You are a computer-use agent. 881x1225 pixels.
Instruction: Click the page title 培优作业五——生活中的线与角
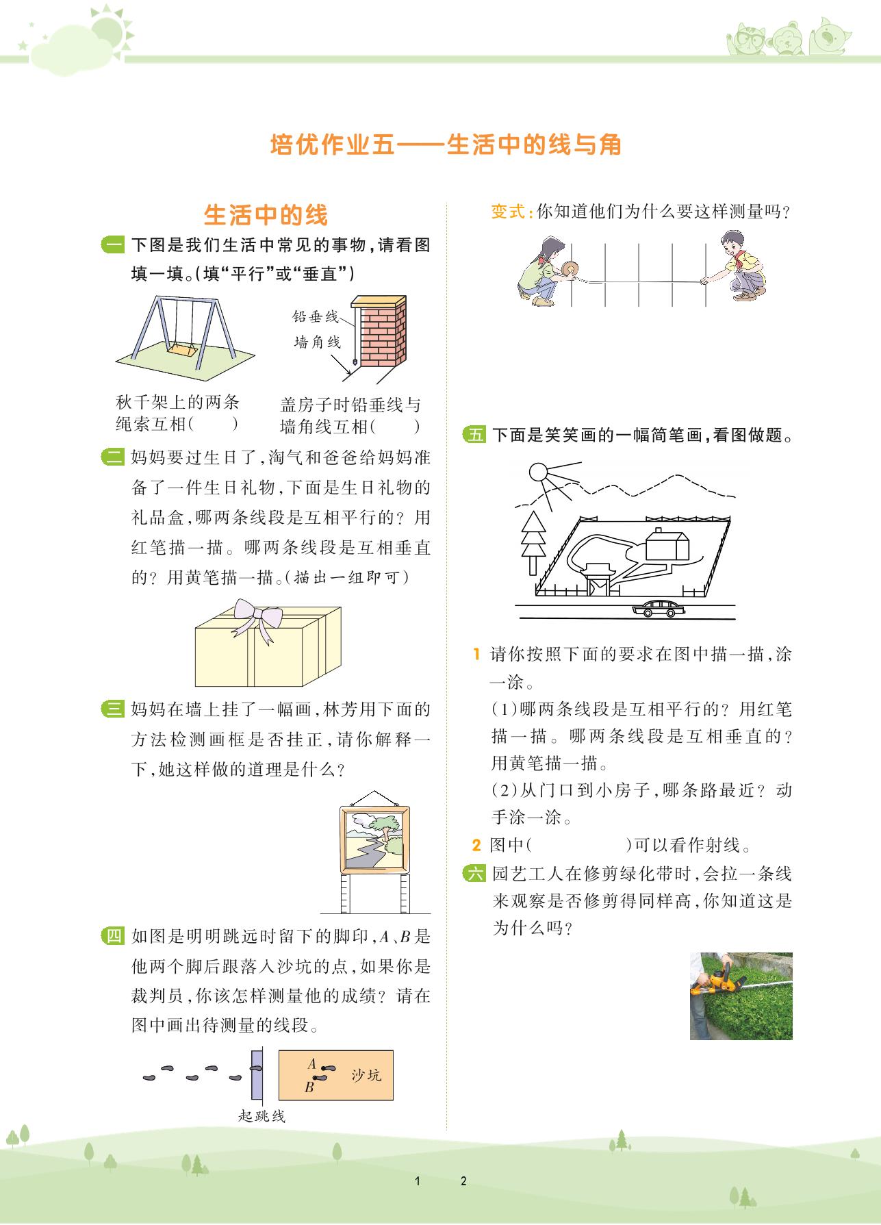(x=446, y=145)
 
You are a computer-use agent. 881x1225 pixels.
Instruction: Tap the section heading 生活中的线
(x=266, y=215)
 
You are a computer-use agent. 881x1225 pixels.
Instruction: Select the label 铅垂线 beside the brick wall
(x=316, y=316)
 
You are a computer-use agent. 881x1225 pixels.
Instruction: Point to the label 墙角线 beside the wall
(x=317, y=341)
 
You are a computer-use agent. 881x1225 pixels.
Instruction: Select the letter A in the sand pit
(x=311, y=1063)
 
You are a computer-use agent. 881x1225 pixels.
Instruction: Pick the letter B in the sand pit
(x=309, y=1087)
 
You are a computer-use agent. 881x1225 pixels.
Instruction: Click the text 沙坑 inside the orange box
(x=366, y=1074)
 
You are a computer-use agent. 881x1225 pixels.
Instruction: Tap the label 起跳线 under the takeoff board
(x=261, y=1116)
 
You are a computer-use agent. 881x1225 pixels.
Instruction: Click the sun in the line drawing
(x=538, y=472)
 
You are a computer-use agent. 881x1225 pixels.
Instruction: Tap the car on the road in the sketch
(x=659, y=609)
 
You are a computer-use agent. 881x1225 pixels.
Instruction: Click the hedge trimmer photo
(x=741, y=996)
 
